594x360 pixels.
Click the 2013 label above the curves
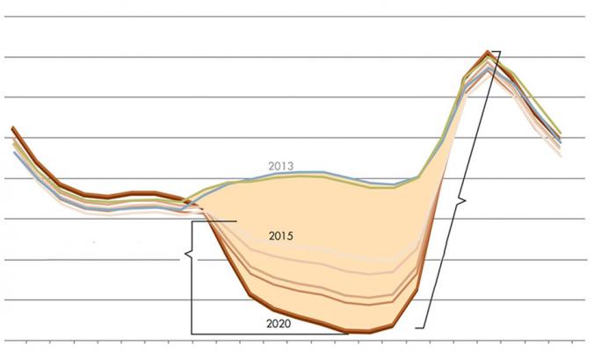pos(280,166)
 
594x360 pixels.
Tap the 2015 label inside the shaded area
pos(281,236)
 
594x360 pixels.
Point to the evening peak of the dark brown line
pos(487,53)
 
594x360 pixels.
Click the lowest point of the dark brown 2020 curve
pos(369,333)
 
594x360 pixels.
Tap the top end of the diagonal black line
pos(499,51)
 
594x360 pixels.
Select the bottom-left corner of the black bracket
pos(192,334)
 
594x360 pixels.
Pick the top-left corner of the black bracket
pos(192,221)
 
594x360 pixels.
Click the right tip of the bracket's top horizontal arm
pos(236,221)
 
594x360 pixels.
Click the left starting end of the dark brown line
pos(12,127)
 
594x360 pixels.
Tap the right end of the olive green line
pos(560,133)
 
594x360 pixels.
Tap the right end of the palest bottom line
pos(560,155)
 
